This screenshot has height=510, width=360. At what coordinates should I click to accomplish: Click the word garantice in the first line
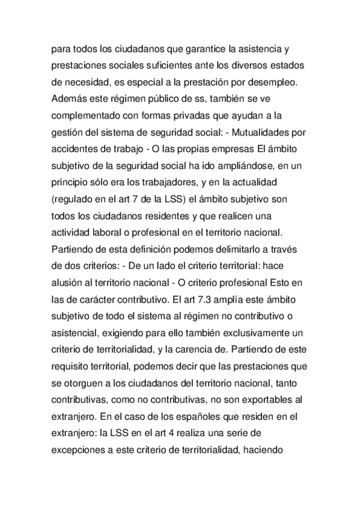201,48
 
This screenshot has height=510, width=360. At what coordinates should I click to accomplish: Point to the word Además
71,97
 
